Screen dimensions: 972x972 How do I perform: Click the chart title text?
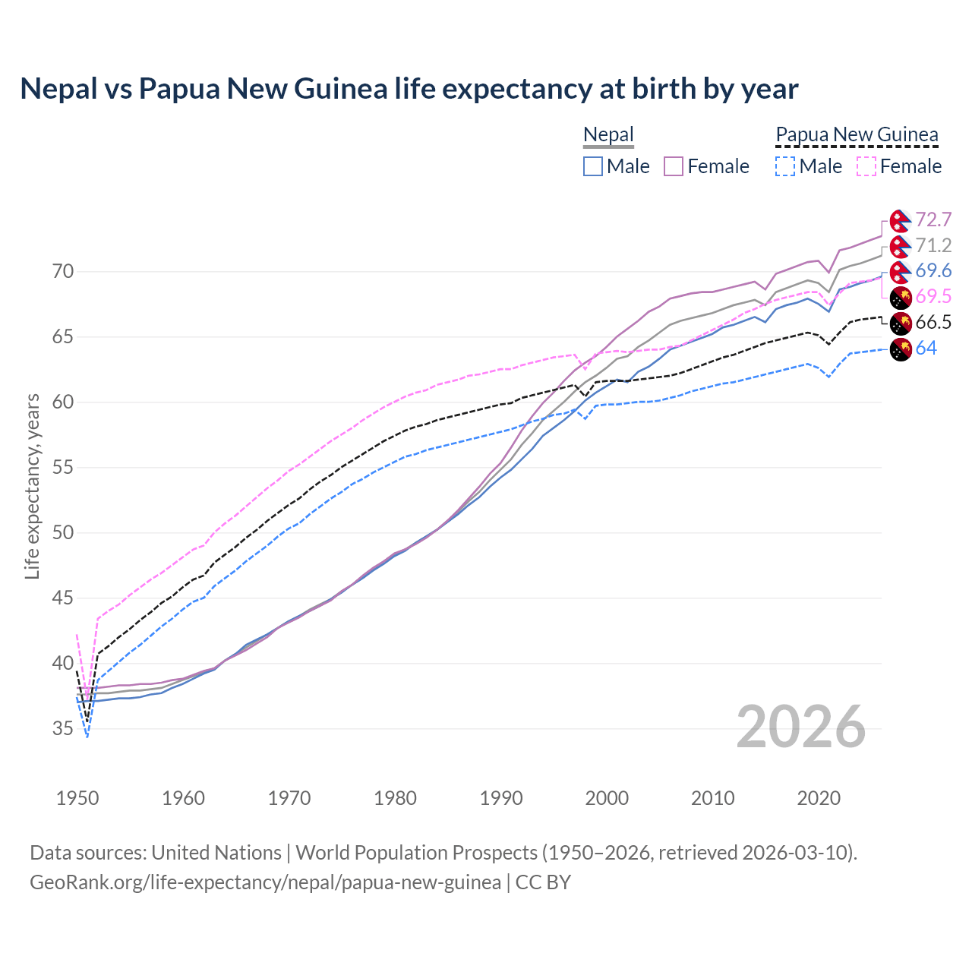click(409, 89)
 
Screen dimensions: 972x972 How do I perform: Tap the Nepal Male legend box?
click(593, 166)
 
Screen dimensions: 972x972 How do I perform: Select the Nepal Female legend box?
click(674, 166)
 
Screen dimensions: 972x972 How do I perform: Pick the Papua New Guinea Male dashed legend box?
click(785, 166)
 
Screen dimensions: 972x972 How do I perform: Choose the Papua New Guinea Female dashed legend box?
click(866, 166)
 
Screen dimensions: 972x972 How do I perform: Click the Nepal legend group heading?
click(608, 135)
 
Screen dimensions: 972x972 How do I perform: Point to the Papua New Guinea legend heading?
click(857, 135)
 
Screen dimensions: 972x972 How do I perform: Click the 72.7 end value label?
click(933, 220)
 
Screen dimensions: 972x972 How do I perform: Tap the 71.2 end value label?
click(933, 246)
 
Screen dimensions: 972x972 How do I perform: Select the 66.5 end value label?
click(933, 323)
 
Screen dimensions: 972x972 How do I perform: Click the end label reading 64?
click(926, 349)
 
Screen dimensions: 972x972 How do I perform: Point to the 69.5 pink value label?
click(933, 297)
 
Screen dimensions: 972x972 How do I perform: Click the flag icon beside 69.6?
click(901, 272)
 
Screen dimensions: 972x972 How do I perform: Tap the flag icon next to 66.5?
click(901, 323)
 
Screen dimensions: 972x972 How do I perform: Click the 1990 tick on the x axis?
click(501, 798)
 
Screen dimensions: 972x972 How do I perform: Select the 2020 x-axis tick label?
click(819, 798)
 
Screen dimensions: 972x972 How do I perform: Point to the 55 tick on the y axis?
click(63, 468)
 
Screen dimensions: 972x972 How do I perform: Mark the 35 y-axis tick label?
click(63, 729)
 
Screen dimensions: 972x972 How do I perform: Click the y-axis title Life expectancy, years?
click(32, 486)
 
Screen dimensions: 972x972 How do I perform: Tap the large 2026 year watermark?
click(801, 727)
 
